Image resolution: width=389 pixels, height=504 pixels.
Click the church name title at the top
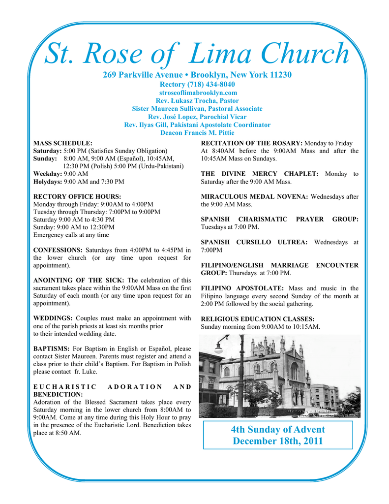[197, 54]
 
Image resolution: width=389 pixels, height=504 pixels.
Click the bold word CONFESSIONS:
[58, 250]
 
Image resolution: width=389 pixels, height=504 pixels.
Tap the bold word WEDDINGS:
[53, 318]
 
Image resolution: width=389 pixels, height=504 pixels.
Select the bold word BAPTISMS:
[51, 348]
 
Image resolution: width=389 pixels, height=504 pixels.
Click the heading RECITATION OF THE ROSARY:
[252, 143]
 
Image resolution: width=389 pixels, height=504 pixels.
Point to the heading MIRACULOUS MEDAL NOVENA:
[254, 197]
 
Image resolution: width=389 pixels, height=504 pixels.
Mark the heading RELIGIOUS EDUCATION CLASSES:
[258, 319]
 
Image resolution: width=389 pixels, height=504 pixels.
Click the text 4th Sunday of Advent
[277, 430]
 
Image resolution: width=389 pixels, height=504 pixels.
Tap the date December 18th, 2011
[277, 441]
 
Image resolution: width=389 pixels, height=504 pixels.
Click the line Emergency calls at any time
[71, 235]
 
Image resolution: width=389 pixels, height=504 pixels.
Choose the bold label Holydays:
[47, 182]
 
